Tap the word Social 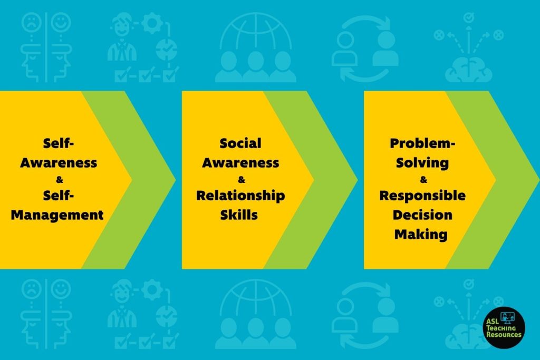click(240, 143)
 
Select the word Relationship click(240, 196)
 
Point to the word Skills click(239, 215)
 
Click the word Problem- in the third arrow click(422, 143)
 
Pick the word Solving click(422, 163)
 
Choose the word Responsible click(422, 196)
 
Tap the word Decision click(422, 215)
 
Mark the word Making click(421, 235)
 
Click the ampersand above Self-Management click(60, 179)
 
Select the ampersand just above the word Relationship click(242, 179)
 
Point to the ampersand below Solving click(423, 179)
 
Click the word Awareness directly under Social click(240, 163)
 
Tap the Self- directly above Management click(59, 196)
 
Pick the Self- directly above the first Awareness click(59, 143)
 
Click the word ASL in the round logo click(493, 322)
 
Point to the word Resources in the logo click(504, 334)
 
